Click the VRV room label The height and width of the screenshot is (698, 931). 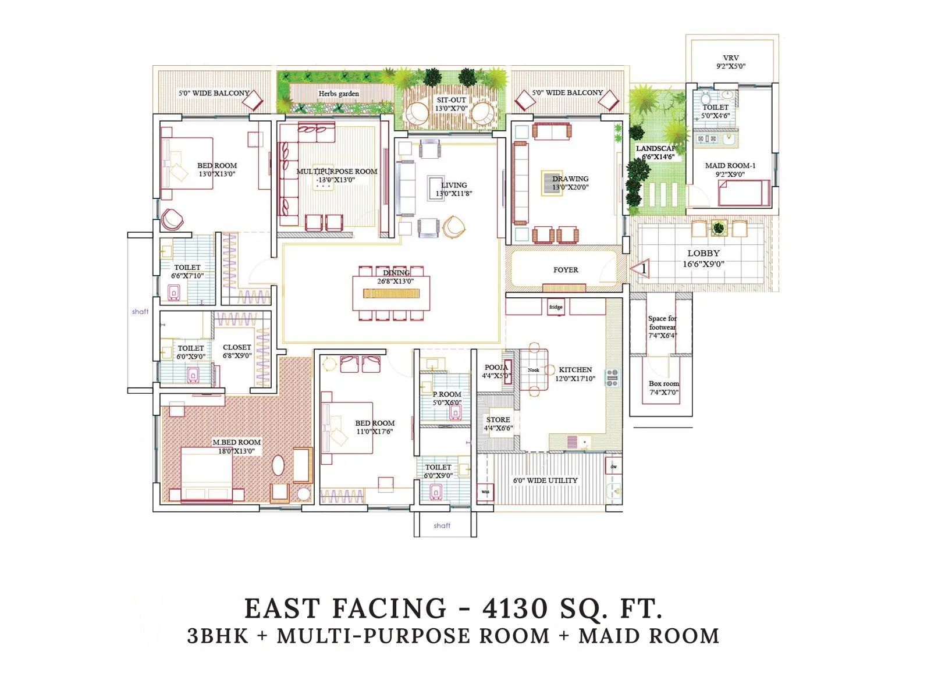point(731,58)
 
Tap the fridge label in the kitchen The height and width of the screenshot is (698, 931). point(556,307)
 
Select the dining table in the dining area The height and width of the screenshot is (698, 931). point(391,293)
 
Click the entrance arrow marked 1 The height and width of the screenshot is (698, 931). point(640,269)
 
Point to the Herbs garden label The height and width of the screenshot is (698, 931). point(339,94)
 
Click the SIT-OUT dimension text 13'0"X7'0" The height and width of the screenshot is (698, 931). point(451,108)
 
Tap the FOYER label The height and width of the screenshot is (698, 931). point(566,270)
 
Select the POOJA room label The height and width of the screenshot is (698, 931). point(496,368)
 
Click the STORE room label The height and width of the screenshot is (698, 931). point(498,419)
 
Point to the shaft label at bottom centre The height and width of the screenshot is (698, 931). point(442,526)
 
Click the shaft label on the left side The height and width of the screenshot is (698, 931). point(140,312)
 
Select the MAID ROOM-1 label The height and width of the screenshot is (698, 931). point(730,166)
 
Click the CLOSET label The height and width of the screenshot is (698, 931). point(237,347)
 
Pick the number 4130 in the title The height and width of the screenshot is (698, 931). point(516,609)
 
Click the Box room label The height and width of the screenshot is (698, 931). point(664,384)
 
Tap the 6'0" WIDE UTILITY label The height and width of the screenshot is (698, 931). point(545,480)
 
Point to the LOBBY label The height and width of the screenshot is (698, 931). point(703,254)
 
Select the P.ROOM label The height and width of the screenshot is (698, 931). point(447,394)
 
